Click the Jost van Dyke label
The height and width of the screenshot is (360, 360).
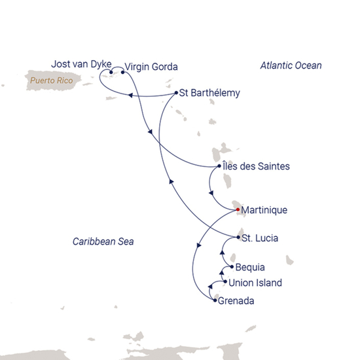point(76,63)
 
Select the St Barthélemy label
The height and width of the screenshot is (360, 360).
point(209,93)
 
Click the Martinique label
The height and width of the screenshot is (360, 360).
point(264,210)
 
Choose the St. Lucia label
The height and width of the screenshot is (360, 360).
point(259,238)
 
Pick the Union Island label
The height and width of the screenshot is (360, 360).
point(256,283)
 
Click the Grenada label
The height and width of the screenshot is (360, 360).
point(237,301)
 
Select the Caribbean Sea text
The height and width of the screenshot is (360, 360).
point(103,242)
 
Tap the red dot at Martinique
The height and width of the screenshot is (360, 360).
point(238,210)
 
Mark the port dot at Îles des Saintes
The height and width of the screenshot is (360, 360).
point(219,166)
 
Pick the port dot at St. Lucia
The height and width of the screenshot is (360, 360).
point(237,237)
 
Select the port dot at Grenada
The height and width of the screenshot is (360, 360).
point(215,300)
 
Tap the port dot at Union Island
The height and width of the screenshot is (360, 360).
point(226,282)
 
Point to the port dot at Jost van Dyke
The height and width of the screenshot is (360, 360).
point(111,72)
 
